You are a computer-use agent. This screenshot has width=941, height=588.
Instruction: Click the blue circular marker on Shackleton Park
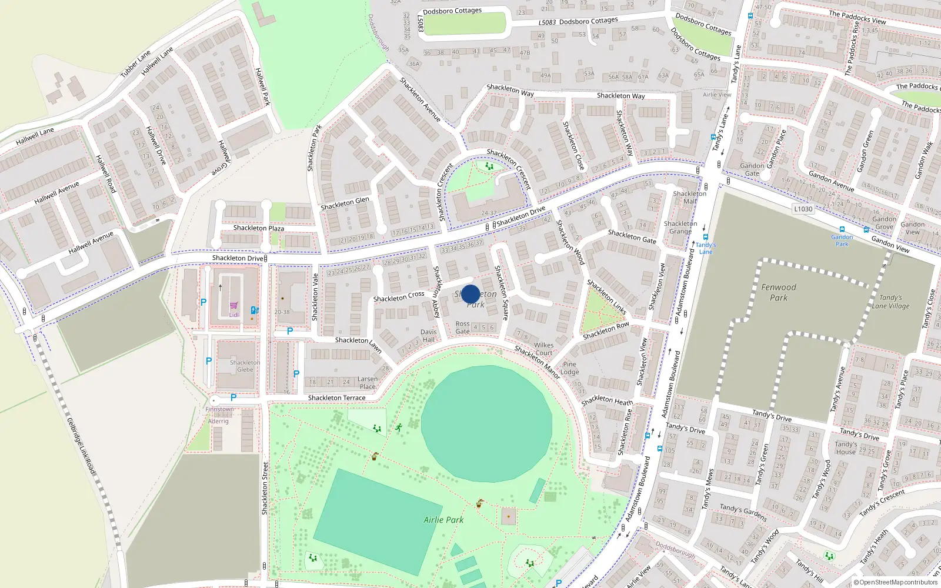click(x=470, y=294)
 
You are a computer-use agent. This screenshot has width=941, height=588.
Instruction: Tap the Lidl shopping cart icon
click(x=233, y=306)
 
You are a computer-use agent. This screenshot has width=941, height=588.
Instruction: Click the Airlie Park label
click(x=443, y=520)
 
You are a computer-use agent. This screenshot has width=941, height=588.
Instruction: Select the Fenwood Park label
click(x=778, y=292)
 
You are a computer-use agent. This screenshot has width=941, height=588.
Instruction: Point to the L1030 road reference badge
click(x=803, y=209)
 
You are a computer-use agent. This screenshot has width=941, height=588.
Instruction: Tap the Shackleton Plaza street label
click(x=258, y=228)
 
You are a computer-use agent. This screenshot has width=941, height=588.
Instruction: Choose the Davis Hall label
click(x=428, y=336)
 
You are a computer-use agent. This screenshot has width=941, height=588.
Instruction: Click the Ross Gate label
click(x=463, y=328)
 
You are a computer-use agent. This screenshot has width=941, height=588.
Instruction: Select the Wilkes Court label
click(x=543, y=349)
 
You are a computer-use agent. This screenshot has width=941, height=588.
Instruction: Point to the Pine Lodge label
click(x=569, y=368)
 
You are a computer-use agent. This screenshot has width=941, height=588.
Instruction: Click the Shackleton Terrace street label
click(x=336, y=398)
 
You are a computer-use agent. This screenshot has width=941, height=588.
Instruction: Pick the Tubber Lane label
click(x=135, y=64)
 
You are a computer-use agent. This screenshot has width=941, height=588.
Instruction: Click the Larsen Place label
click(x=368, y=383)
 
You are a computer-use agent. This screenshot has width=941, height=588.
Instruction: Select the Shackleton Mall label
click(x=689, y=197)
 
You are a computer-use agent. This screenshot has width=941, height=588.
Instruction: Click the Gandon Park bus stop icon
click(x=842, y=230)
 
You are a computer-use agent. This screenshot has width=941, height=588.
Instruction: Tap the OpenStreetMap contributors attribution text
click(x=895, y=583)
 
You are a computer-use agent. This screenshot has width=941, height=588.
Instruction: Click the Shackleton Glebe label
click(x=245, y=366)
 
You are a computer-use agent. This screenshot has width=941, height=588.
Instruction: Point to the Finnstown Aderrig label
click(x=219, y=415)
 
